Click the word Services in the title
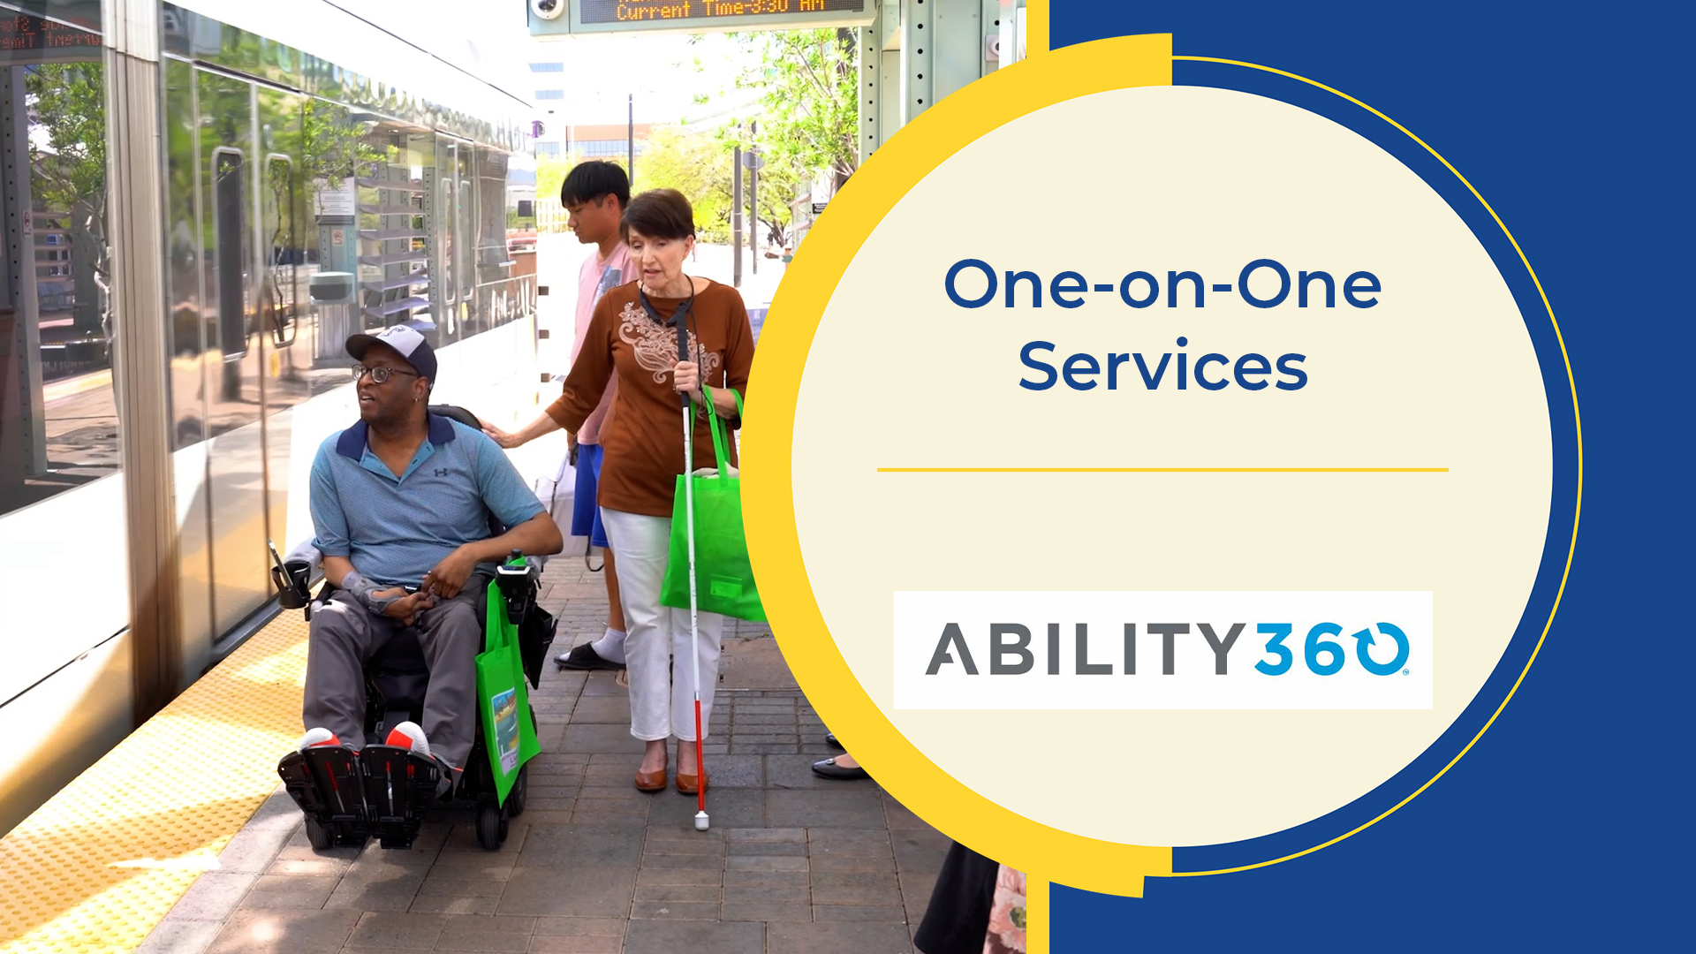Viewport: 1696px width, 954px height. coord(1162,367)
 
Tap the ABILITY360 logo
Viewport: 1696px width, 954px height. coord(1162,649)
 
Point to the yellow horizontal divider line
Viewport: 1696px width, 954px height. coord(1162,470)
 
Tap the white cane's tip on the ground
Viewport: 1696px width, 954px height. coord(701,821)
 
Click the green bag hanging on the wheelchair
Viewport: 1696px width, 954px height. coord(505,698)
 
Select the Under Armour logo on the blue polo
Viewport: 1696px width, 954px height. coord(440,473)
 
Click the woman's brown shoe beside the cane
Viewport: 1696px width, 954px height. coord(651,777)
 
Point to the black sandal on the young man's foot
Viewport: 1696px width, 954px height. coord(587,656)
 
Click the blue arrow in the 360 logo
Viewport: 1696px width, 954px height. coord(1383,649)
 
